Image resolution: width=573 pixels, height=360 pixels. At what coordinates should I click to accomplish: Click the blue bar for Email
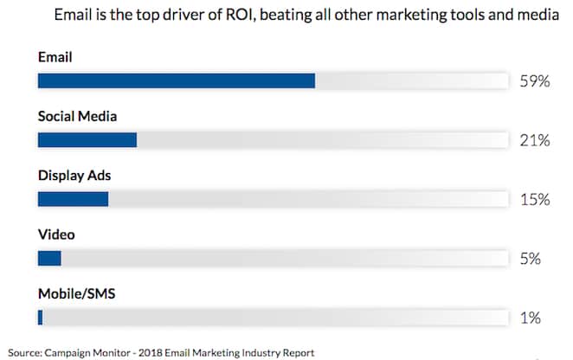(176, 80)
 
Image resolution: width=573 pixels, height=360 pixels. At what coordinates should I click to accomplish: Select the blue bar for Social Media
(87, 139)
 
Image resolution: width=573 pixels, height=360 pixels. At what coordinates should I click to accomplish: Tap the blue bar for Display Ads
(73, 198)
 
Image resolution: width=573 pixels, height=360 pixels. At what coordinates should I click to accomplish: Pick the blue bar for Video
(49, 258)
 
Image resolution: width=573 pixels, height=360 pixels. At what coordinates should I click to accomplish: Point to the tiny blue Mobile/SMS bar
(40, 317)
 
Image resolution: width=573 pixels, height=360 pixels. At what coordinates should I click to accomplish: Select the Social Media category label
(77, 115)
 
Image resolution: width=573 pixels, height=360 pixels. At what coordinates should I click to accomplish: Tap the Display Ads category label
(74, 175)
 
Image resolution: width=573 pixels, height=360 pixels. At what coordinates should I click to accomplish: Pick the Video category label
(56, 234)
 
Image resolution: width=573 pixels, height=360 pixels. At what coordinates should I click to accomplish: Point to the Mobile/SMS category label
(77, 293)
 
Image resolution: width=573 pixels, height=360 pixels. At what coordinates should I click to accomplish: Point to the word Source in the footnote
(24, 352)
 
